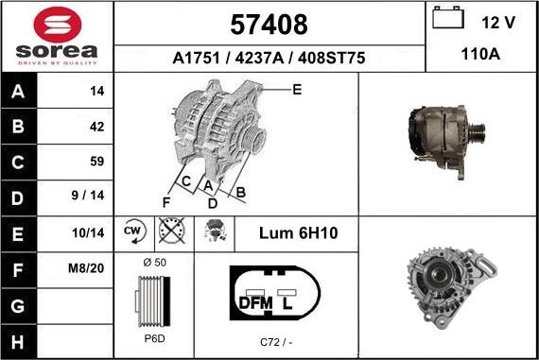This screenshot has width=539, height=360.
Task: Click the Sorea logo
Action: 57,36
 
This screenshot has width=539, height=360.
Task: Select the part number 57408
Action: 269,24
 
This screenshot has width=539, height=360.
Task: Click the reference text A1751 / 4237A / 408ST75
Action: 269,58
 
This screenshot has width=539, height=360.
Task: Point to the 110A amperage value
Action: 479,55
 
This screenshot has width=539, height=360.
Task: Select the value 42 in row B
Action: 96,126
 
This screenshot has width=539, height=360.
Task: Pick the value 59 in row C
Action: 96,161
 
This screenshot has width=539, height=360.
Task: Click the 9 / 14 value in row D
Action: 93,197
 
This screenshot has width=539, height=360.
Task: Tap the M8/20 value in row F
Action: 93,267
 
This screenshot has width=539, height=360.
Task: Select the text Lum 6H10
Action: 298,232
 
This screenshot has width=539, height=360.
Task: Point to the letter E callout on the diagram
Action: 296,90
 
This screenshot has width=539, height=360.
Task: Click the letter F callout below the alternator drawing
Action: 165,202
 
